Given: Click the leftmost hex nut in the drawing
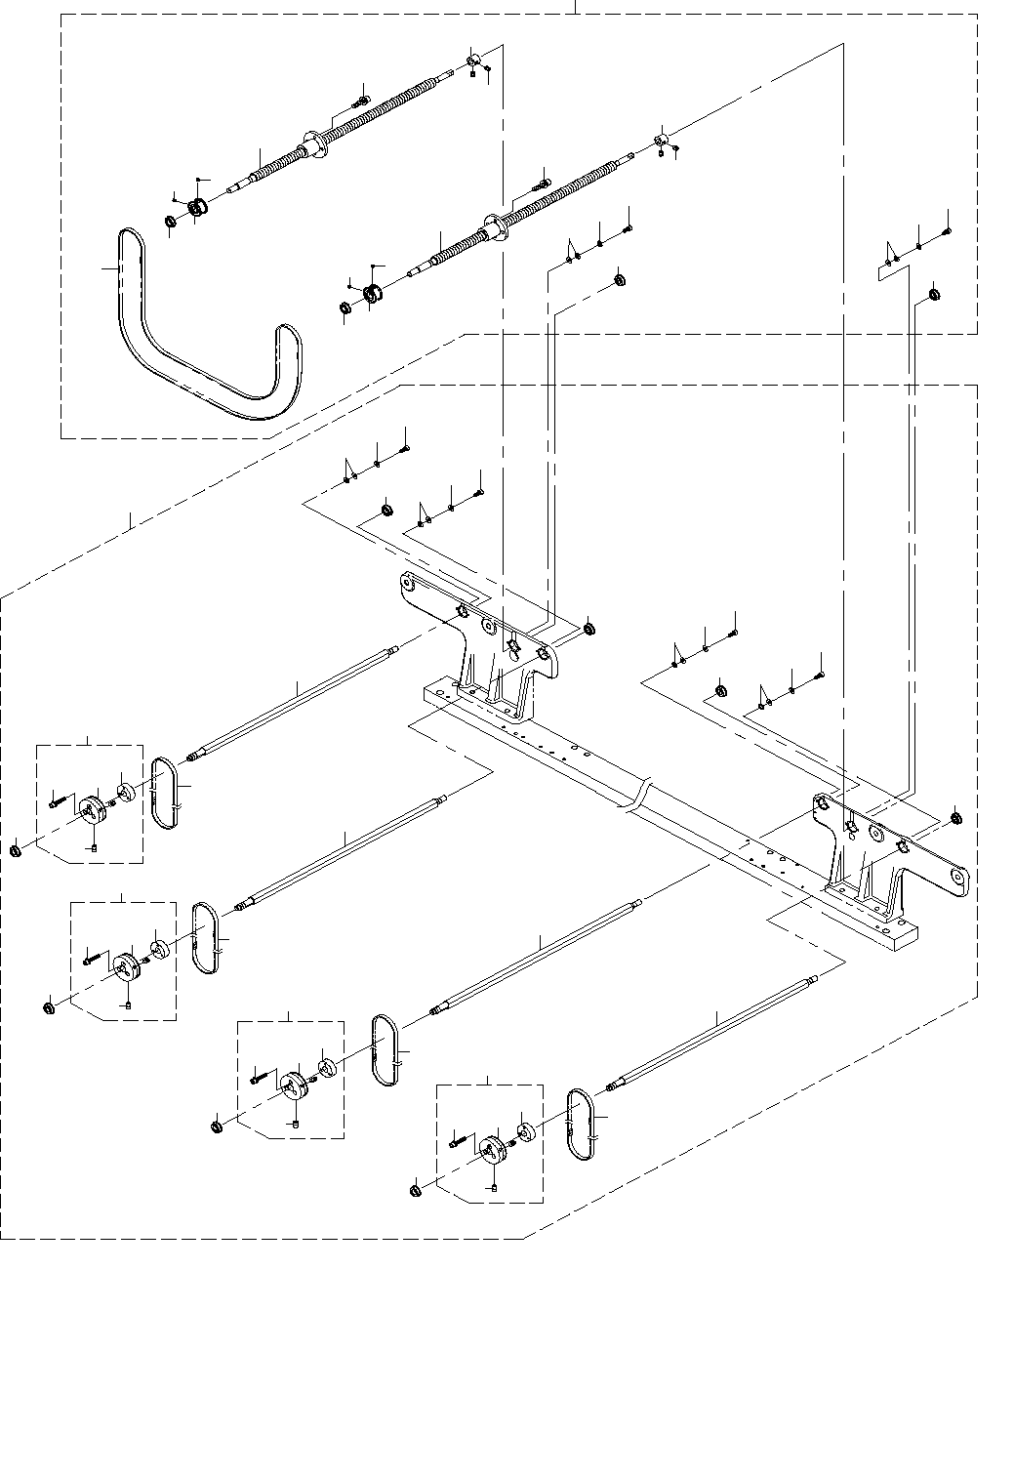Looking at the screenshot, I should (x=17, y=851).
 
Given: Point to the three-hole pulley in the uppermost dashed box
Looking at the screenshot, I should (x=93, y=807).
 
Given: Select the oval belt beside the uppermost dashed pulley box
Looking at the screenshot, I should (x=165, y=794).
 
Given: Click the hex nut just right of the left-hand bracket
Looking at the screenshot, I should (x=589, y=629).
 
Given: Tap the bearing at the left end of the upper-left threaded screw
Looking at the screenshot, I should (x=197, y=208).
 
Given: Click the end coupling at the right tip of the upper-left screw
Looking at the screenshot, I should (x=473, y=62).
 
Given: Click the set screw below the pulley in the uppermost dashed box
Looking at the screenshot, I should (x=94, y=847).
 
